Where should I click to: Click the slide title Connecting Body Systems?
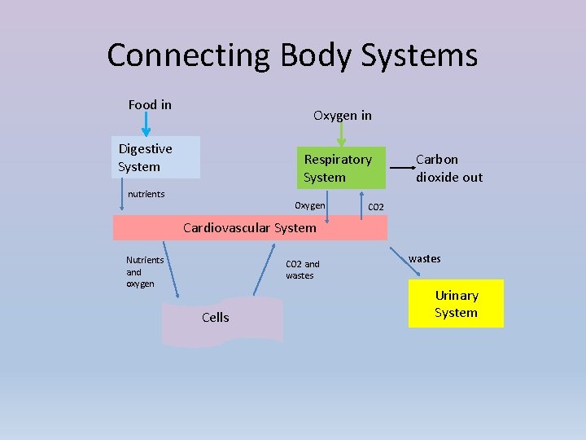[292, 55]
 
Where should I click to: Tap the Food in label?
[150, 104]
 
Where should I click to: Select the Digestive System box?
[155, 157]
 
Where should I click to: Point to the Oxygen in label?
[343, 116]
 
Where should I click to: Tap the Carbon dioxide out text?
[448, 168]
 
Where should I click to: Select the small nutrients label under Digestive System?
[146, 194]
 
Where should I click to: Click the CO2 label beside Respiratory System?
[376, 207]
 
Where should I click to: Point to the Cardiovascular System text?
[249, 227]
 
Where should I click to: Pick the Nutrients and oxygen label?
[144, 271]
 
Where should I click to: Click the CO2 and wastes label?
[303, 270]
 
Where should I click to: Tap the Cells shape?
[222, 320]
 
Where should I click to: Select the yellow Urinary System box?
[456, 304]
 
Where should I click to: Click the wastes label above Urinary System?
[424, 258]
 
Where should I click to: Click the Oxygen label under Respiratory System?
[310, 205]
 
